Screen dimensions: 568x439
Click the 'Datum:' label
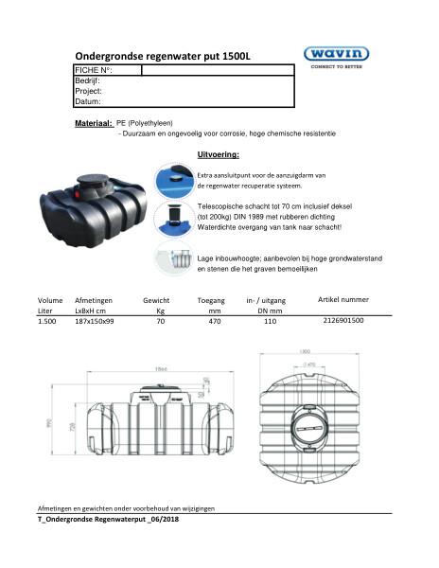pyautogui.click(x=87, y=101)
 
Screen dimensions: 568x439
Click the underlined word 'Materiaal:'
pyautogui.click(x=94, y=123)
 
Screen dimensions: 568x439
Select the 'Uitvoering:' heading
pyautogui.click(x=217, y=152)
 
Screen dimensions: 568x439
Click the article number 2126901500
pyautogui.click(x=342, y=321)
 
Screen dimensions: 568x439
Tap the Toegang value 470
pyautogui.click(x=215, y=322)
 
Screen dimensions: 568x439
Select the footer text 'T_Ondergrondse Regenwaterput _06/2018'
pyautogui.click(x=108, y=520)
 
